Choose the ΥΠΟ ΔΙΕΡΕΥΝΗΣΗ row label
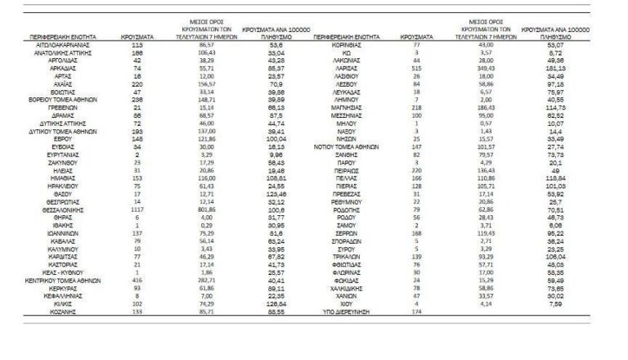[347, 312]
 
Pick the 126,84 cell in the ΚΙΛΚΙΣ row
[255, 304]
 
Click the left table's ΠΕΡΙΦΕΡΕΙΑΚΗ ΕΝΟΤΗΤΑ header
[63, 38]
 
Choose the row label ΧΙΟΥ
[347, 304]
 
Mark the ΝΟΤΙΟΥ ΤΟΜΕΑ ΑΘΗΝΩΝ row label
[347, 146]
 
